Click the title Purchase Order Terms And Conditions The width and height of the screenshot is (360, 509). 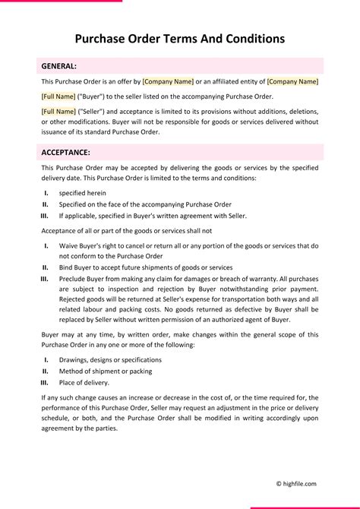click(x=180, y=38)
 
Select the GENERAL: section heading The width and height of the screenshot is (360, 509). click(x=58, y=66)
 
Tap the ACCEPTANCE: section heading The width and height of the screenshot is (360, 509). click(x=66, y=152)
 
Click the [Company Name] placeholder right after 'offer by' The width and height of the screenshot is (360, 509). click(x=168, y=81)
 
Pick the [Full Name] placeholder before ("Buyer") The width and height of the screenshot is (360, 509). click(x=58, y=96)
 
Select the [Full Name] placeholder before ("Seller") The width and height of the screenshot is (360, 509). click(x=58, y=112)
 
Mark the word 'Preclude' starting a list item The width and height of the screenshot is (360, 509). click(x=74, y=279)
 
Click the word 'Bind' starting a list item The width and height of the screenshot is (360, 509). click(x=67, y=267)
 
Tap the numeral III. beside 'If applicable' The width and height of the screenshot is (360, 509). click(x=44, y=216)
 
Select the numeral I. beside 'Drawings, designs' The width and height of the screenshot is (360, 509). click(x=46, y=359)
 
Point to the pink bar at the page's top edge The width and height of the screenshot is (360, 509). click(x=61, y=1)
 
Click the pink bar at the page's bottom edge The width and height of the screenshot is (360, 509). click(x=305, y=507)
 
